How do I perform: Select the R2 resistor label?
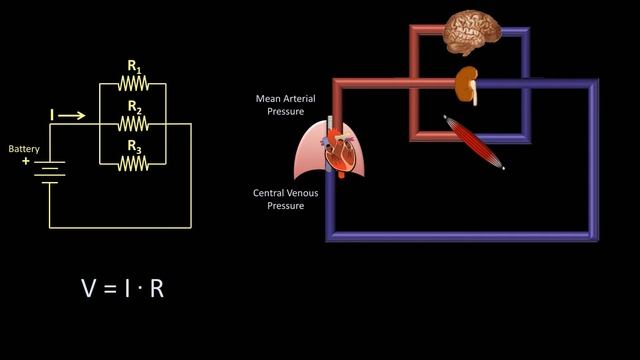coord(133,107)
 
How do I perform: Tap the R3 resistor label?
coord(133,146)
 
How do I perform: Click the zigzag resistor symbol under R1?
coord(133,85)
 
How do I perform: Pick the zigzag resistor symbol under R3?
coord(133,162)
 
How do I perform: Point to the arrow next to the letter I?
coord(73,116)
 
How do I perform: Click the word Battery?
coord(24,149)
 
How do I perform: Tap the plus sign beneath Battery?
coord(26,160)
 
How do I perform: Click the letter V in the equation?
coord(90,289)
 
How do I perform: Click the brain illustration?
coord(472,33)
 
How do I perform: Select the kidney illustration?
coord(466,85)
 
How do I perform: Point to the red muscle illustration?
coord(474,142)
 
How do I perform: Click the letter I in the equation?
coord(129,289)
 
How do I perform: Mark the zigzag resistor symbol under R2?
coord(133,123)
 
